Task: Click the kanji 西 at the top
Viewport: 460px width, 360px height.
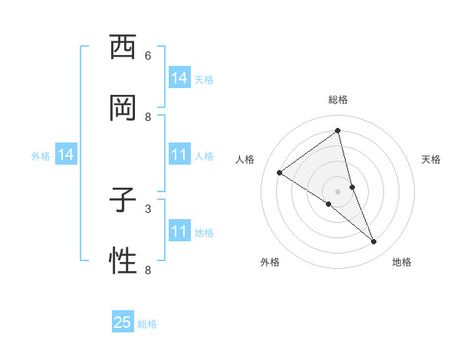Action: click(123, 47)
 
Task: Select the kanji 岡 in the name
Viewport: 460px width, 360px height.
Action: click(123, 110)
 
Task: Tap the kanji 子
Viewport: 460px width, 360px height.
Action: click(123, 201)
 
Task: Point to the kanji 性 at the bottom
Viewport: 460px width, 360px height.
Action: click(123, 262)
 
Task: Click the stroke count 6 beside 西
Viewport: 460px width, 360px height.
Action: click(148, 56)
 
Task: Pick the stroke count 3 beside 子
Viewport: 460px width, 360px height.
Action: click(148, 208)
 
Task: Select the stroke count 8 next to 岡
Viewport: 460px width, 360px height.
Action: click(148, 117)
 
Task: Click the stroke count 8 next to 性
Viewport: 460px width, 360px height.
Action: click(148, 270)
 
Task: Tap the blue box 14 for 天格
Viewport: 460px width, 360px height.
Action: click(179, 78)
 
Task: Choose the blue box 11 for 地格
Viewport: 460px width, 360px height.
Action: click(179, 231)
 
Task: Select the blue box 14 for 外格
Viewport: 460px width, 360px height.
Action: click(66, 155)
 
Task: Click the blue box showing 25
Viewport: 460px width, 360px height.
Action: click(123, 322)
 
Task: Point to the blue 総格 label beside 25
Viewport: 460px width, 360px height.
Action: click(147, 324)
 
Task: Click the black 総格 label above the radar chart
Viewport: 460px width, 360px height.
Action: click(338, 100)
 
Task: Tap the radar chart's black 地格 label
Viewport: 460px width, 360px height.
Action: click(402, 262)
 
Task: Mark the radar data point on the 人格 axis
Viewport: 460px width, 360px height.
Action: click(279, 172)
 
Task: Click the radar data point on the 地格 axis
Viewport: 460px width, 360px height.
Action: click(374, 241)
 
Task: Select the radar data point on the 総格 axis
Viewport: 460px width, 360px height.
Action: click(338, 130)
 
